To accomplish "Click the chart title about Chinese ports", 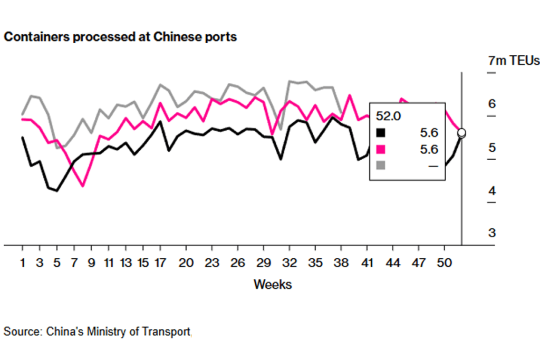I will point(120,37).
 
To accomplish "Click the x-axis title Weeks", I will point(273,285).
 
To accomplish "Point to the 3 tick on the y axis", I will point(492,233).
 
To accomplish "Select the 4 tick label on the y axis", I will point(492,190).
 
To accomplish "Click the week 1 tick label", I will point(22,262).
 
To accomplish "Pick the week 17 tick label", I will point(160,262).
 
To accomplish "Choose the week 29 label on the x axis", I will point(263,262).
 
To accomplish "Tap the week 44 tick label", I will point(392,262).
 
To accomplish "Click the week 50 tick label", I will point(444,262).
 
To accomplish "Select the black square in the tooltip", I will point(381,133).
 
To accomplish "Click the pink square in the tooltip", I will point(381,149).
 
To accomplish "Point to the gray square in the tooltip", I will point(381,166).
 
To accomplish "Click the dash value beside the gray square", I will point(433,166).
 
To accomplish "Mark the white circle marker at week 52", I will point(461,133).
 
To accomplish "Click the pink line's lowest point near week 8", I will point(82,186).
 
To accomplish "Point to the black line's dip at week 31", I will point(281,159).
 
